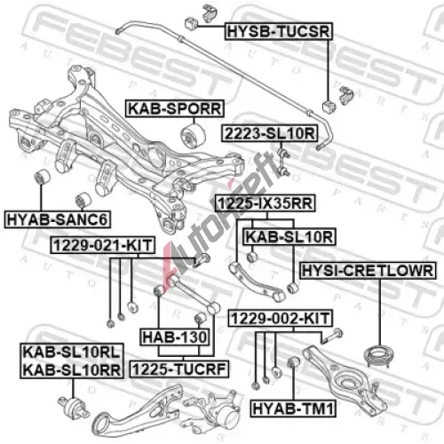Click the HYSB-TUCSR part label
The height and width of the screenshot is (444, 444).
point(279,31)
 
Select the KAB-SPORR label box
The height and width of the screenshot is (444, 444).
point(175,108)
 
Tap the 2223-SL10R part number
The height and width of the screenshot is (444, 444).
point(270,133)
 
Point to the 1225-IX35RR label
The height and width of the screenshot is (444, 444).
point(265,203)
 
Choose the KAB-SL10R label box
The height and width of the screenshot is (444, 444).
point(289,237)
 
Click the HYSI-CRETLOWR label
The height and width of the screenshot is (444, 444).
point(368,271)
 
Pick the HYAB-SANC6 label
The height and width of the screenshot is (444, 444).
point(58,219)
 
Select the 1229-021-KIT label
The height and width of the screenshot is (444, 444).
point(103,245)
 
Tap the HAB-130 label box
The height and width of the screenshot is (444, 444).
point(175,337)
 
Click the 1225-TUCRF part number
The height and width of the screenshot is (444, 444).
point(179,369)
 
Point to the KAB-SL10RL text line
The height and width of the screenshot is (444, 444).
point(72,353)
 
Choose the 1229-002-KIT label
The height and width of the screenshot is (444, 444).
point(280,318)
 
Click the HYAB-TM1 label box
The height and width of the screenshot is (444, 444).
point(293,408)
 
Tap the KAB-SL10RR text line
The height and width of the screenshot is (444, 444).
point(72,370)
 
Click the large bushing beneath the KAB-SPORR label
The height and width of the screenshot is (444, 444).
point(193,136)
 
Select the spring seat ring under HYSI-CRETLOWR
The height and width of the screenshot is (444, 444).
point(379,356)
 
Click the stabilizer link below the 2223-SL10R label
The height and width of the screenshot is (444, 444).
point(282,163)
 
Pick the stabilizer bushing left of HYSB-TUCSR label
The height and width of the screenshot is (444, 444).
point(191,24)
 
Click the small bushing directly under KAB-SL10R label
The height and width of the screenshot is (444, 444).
point(251,257)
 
